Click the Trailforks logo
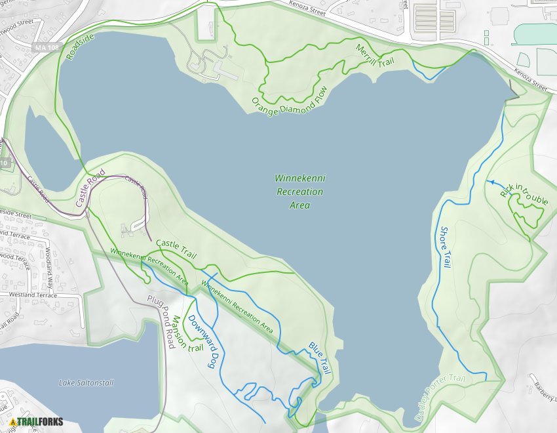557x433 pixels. [x=37, y=422]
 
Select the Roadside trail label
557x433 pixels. [x=80, y=47]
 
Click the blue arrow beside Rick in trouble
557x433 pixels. [x=490, y=182]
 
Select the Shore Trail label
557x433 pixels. [x=446, y=247]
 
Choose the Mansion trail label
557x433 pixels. [x=179, y=333]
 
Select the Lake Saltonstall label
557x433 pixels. [x=85, y=382]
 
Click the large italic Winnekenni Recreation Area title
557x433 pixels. [x=299, y=192]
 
